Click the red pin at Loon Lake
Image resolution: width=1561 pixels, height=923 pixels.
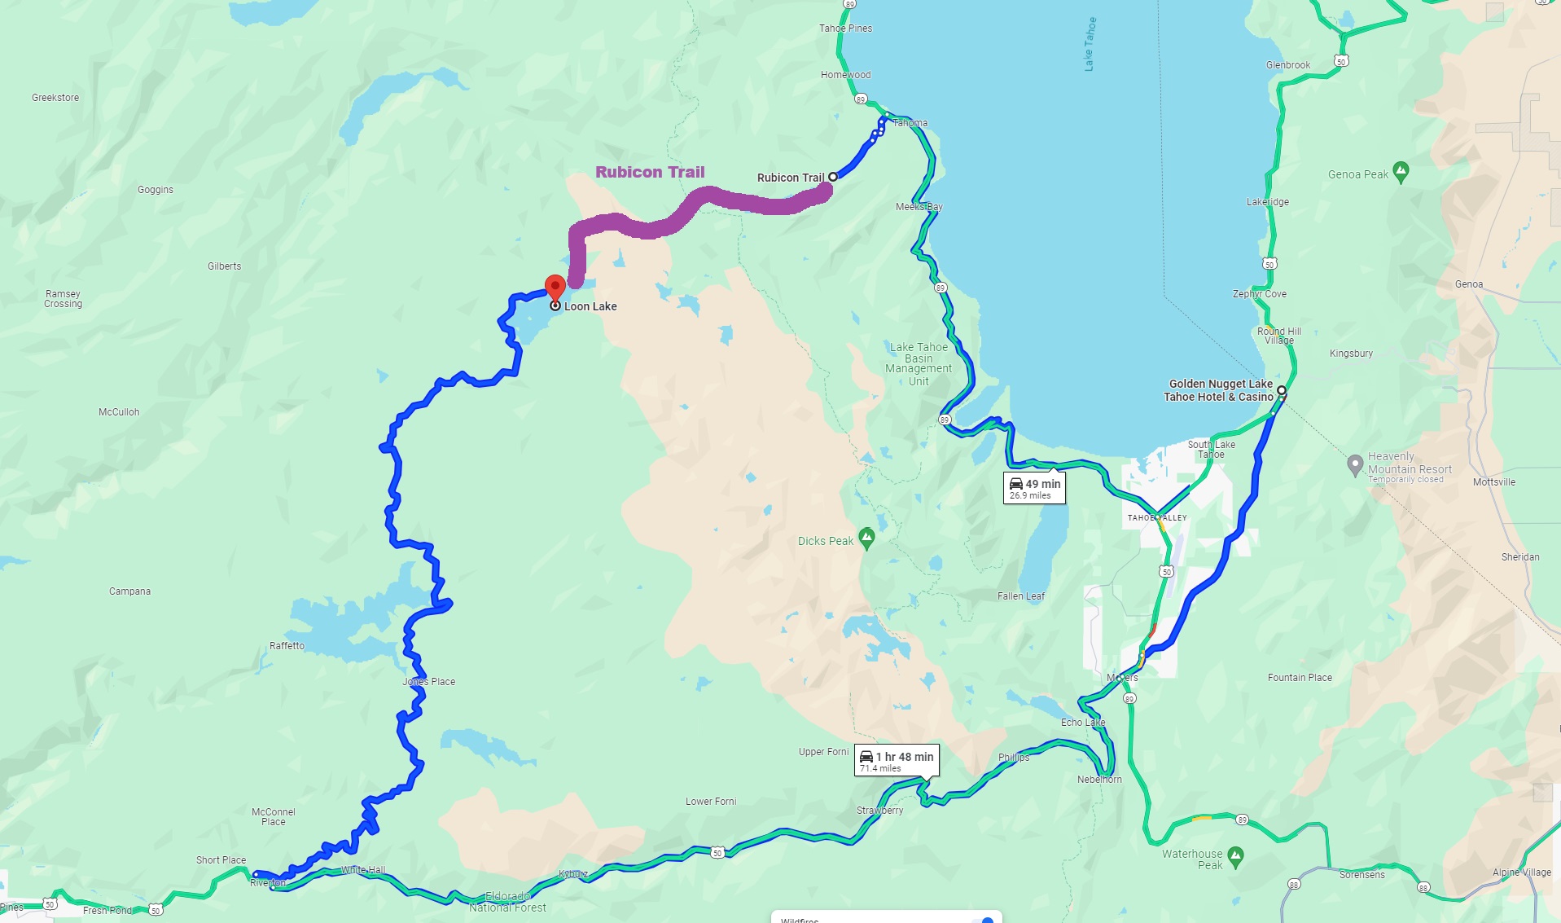(555, 288)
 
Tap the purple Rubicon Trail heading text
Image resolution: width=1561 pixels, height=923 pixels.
(650, 172)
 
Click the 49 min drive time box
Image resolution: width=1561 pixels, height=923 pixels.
(1034, 488)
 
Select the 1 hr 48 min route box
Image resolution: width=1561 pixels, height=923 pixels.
(897, 761)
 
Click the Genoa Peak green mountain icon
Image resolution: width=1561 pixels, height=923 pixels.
(1401, 173)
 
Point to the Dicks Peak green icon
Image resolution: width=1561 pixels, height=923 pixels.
(867, 538)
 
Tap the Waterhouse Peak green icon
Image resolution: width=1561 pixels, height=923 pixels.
(1235, 856)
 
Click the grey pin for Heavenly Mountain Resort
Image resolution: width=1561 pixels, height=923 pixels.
(1355, 465)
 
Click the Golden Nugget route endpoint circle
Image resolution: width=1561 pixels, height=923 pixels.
(1281, 391)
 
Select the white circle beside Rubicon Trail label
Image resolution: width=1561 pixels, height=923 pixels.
(832, 177)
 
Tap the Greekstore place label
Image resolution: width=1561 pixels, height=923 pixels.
(55, 98)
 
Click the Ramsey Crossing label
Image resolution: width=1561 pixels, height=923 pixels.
(63, 299)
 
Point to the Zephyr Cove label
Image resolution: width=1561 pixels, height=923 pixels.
(1259, 294)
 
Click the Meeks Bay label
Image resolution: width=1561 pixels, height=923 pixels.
(919, 207)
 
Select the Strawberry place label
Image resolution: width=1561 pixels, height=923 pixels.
(879, 811)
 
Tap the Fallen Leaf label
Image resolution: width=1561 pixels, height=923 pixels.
(1020, 596)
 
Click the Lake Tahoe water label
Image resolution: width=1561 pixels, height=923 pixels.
(1090, 44)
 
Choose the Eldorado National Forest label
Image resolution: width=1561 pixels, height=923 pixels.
(507, 902)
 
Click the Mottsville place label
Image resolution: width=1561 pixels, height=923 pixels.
(1493, 482)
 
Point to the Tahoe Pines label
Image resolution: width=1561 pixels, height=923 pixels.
(845, 29)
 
